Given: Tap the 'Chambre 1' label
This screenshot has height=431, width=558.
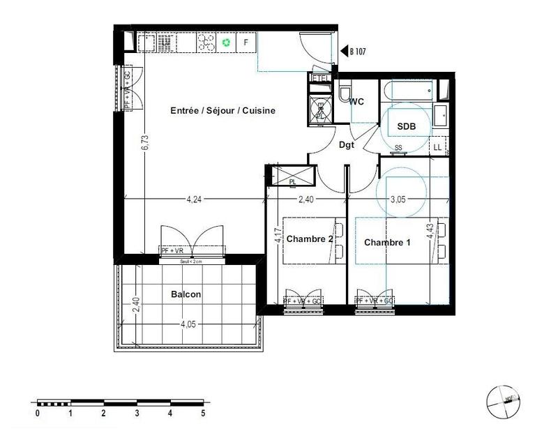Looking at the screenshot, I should pos(388,243).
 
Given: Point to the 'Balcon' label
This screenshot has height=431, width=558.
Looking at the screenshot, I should pos(186,294).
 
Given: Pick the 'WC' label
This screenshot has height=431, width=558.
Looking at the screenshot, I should pos(356,102).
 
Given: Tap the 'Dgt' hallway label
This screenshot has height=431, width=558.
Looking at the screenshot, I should pos(347,145).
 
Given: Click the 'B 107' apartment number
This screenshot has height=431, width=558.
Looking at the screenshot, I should pos(357,51).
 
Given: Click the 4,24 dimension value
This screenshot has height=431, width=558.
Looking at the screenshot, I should pos(195,199).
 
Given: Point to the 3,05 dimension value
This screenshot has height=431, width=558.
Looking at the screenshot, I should pos(398,199).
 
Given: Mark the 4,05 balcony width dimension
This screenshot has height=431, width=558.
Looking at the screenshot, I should pos(190,324).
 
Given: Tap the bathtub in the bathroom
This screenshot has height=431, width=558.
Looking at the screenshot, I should pos(409,91).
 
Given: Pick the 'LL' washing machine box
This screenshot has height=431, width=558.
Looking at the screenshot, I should pos(437,146).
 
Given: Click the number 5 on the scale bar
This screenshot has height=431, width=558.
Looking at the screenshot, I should pos(203,413).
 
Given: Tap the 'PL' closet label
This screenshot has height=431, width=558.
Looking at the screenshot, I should pos(292,181).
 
